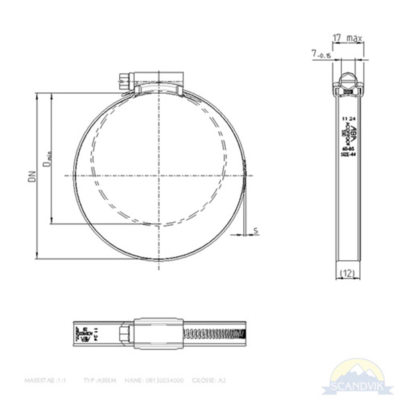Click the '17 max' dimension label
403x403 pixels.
point(347,38)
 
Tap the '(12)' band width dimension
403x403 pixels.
point(347,273)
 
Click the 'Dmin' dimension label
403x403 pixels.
point(48,158)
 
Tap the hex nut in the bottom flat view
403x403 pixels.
point(125,334)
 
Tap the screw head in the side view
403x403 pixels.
point(347,79)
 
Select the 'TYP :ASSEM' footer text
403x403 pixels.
point(99,380)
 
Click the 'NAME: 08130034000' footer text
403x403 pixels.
point(154,380)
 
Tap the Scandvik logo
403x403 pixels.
point(356,376)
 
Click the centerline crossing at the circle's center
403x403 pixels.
point(159,176)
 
